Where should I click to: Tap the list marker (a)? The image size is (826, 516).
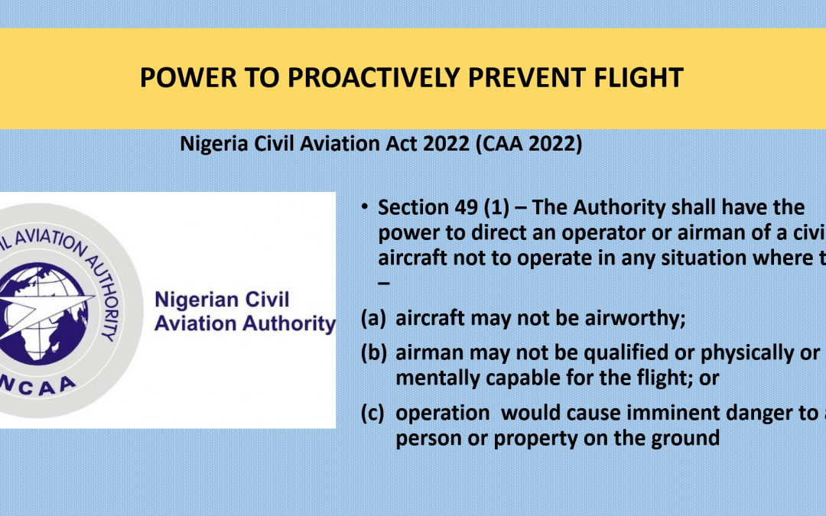pyautogui.click(x=374, y=318)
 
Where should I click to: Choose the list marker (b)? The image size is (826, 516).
pyautogui.click(x=374, y=354)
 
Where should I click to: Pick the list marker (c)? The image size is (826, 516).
pyautogui.click(x=374, y=413)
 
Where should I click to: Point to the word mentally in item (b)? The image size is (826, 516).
pyautogui.click(x=431, y=378)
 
